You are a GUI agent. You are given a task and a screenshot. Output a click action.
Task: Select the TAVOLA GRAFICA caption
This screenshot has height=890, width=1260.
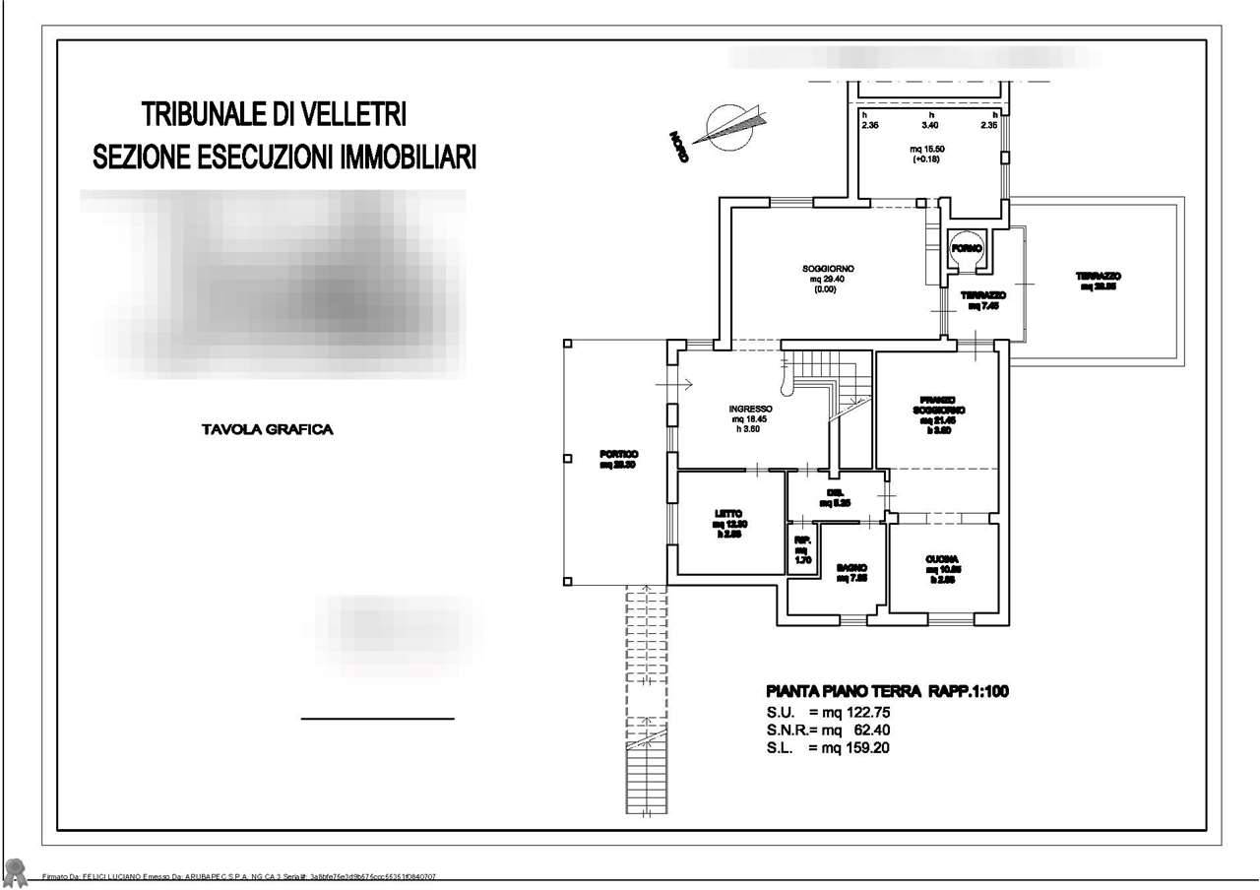[267, 429]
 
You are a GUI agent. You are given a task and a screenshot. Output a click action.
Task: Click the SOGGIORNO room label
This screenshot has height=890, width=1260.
[828, 269]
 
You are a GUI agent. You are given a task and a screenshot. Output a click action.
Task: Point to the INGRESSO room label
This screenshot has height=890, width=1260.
[750, 409]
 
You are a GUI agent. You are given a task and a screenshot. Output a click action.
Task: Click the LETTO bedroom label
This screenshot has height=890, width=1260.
[727, 513]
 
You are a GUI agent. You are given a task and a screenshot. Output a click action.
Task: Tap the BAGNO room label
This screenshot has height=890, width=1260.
[851, 568]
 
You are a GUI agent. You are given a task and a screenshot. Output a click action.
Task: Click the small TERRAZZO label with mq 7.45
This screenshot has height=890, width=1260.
[983, 295]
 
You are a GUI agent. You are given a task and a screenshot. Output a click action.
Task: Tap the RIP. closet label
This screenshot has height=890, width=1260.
[802, 540]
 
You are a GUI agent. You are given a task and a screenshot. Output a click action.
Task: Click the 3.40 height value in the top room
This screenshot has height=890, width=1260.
[929, 126]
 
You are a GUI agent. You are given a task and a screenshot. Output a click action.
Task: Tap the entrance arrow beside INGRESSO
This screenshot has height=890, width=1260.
[686, 382]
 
